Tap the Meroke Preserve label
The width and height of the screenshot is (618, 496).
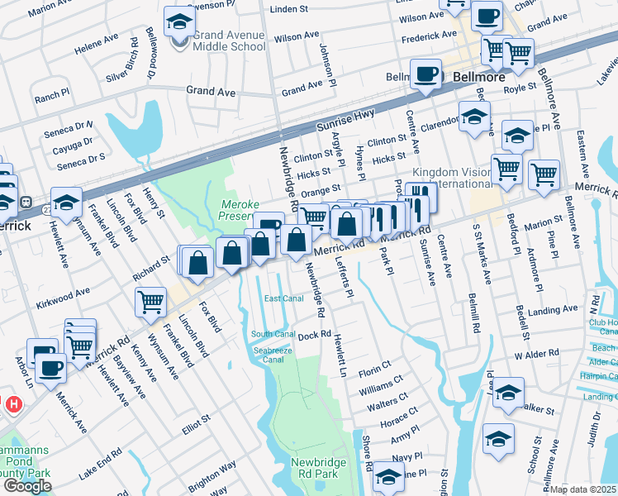click(x=241, y=210)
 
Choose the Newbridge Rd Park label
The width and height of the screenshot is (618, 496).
click(x=314, y=468)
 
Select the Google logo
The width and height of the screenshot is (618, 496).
click(x=27, y=486)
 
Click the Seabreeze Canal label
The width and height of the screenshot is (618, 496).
click(x=273, y=353)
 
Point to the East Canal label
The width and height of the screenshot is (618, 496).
click(x=283, y=298)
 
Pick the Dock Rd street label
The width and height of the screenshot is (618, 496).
click(x=314, y=336)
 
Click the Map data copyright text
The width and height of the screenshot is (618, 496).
click(x=584, y=489)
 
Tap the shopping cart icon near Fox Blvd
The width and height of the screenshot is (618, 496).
click(x=151, y=302)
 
